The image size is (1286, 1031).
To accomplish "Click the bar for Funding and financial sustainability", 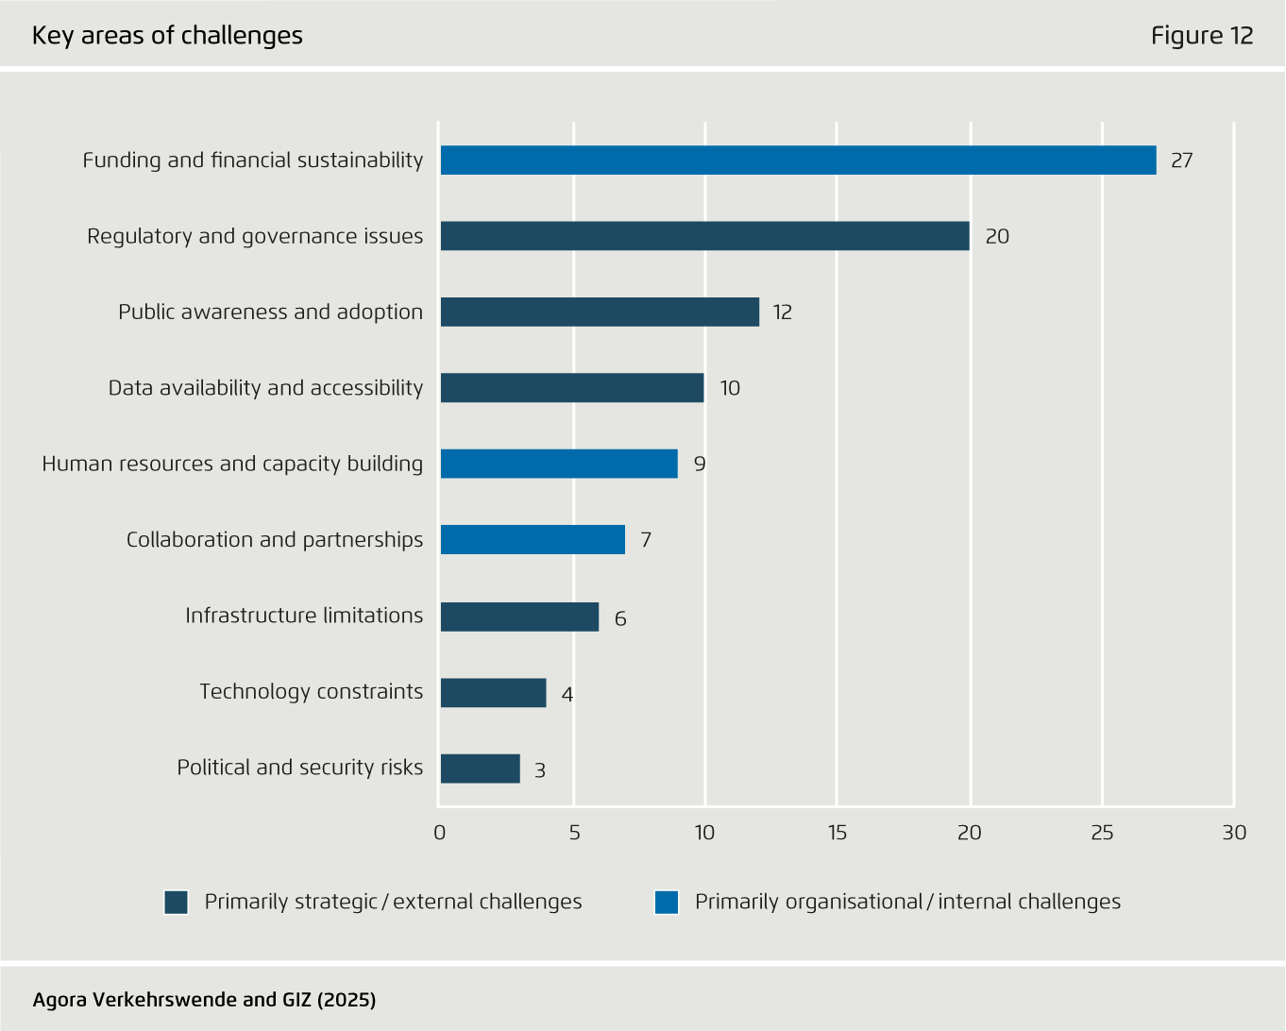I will coord(798,161).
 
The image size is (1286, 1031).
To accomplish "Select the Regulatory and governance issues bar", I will coord(704,236).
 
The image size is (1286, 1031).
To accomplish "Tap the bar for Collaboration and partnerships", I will coord(533,540).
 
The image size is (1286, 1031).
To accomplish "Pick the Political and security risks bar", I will coord(480,769).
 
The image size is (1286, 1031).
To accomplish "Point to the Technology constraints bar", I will coord(493,693).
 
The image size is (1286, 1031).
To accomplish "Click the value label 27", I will coord(1181,161).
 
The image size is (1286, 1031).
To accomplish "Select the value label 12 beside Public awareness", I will coord(782,313).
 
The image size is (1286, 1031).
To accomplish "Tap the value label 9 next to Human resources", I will coord(700,465).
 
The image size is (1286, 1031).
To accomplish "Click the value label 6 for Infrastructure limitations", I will coord(620,619).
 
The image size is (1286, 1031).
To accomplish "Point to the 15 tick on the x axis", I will coord(838,833).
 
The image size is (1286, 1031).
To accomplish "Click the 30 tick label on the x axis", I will coord(1234,833).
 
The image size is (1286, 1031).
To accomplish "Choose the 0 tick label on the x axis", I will coord(439,833).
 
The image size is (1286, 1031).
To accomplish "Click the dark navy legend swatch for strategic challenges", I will coord(177,903).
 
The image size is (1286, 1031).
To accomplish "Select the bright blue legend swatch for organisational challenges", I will coord(667,903).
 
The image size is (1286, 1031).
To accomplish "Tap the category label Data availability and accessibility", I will coord(265,388).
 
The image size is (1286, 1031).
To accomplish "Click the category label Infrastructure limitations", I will coord(304,616).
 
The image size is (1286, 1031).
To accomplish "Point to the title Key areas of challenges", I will coord(167,36).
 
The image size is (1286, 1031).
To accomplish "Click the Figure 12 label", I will coord(1201,36).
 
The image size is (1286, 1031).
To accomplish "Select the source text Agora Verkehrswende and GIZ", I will coord(204,1000).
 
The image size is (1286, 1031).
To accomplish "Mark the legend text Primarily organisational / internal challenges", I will coord(907,902).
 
